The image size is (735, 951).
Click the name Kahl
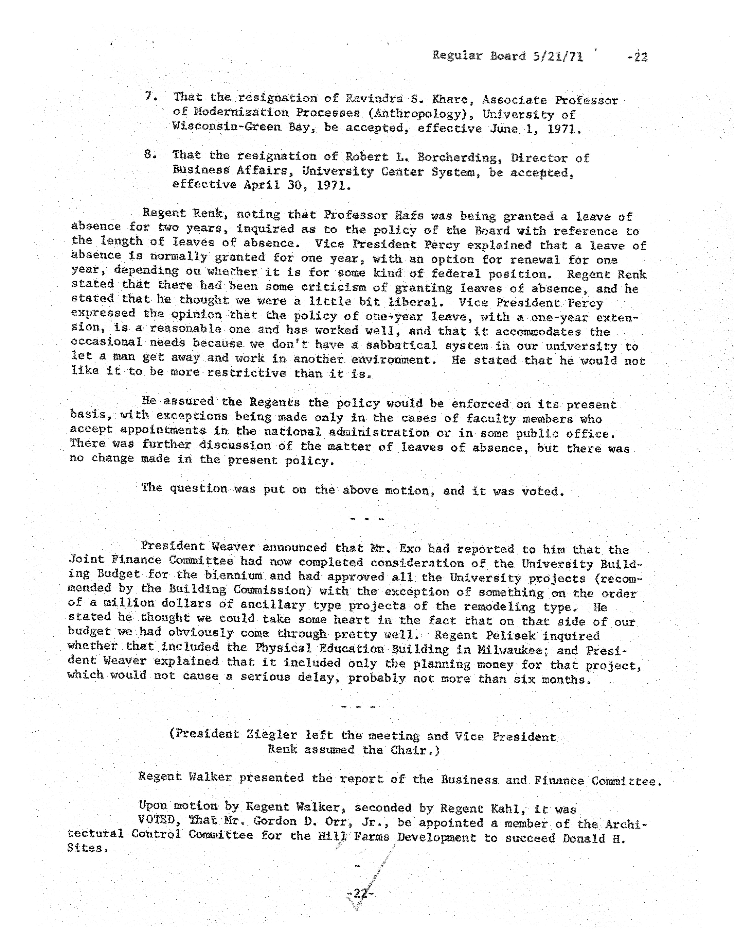pyautogui.click(x=507, y=809)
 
